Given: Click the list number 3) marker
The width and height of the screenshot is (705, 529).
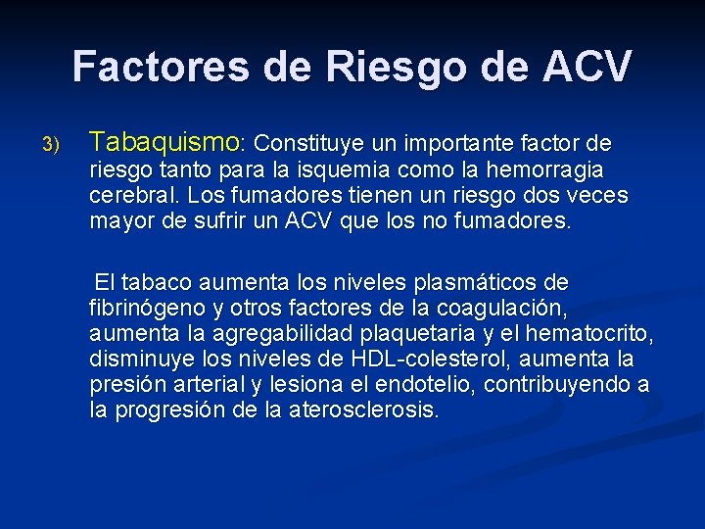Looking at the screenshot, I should pos(51,146).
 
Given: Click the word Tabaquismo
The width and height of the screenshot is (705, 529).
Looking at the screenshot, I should pos(164,144).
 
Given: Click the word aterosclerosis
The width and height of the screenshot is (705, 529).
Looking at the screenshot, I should pos(365,410).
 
